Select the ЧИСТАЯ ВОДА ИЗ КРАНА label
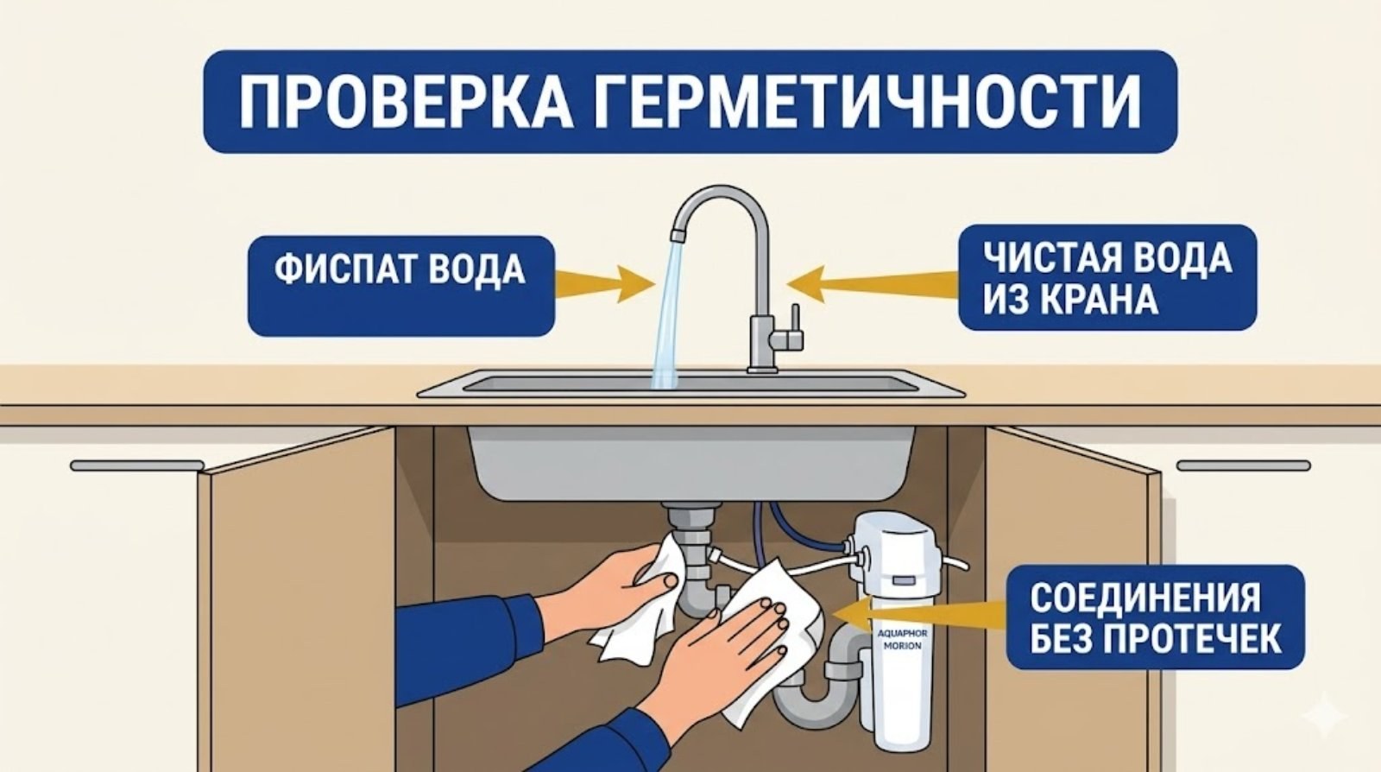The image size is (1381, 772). tap(1107, 276)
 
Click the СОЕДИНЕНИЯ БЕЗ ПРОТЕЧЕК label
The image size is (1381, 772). tap(1155, 617)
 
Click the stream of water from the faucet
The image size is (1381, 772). tap(667, 320)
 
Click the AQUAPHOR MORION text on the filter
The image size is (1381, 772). tap(902, 639)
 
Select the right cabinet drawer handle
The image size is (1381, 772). tap(1243, 466)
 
